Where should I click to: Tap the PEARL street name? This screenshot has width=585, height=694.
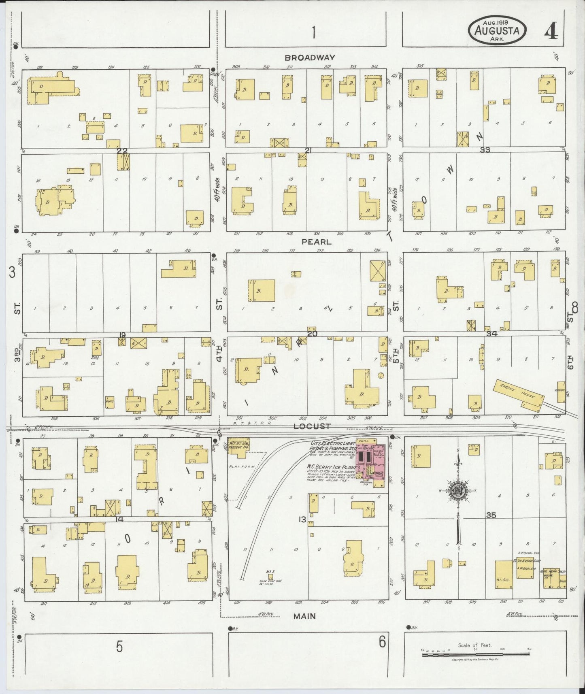(x=317, y=242)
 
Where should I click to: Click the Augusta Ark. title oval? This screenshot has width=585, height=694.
(x=498, y=31)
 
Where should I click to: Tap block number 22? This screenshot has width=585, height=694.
(x=122, y=151)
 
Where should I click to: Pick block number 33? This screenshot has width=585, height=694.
(x=485, y=150)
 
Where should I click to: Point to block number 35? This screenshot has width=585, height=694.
(x=491, y=515)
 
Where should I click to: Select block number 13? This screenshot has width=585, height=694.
(x=302, y=519)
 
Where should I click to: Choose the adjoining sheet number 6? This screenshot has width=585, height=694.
(x=382, y=641)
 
